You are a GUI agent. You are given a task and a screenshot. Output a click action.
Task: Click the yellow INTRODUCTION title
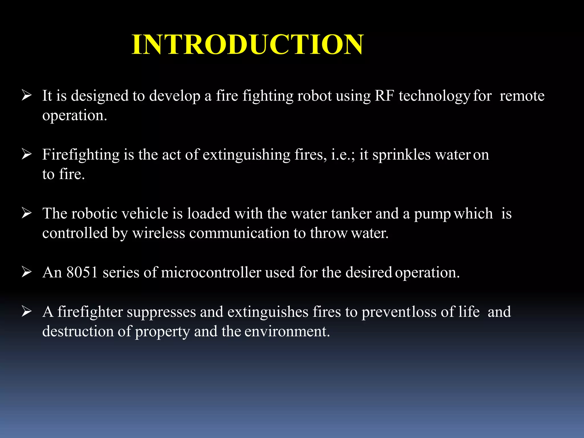tap(248, 44)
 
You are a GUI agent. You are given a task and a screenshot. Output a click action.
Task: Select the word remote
tap(522, 96)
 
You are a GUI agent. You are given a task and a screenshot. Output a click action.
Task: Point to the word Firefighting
tap(81, 155)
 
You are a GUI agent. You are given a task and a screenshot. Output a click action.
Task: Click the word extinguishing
tap(246, 155)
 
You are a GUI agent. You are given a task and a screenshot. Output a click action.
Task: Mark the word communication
tap(239, 233)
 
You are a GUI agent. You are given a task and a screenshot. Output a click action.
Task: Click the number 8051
tap(82, 272)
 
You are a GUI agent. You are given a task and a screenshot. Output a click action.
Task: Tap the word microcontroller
tap(211, 272)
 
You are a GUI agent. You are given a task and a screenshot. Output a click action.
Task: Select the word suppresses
tap(161, 312)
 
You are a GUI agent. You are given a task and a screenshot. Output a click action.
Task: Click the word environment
tap(287, 331)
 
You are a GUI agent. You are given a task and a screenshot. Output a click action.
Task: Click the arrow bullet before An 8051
tap(27, 272)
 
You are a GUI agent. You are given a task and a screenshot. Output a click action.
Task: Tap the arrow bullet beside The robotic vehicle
tap(27, 213)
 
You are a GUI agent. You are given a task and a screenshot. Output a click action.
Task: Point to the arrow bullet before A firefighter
tap(27, 311)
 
